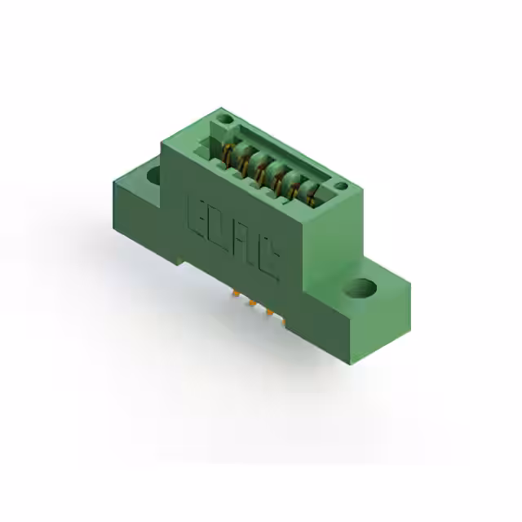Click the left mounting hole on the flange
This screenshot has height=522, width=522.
tap(153, 174)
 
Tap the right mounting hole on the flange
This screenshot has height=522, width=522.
tap(363, 288)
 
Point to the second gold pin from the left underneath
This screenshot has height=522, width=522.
tap(252, 303)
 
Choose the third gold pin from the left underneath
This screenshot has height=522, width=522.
tap(269, 313)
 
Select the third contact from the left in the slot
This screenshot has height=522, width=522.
tap(259, 169)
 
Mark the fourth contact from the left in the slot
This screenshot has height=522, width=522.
tap(277, 179)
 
